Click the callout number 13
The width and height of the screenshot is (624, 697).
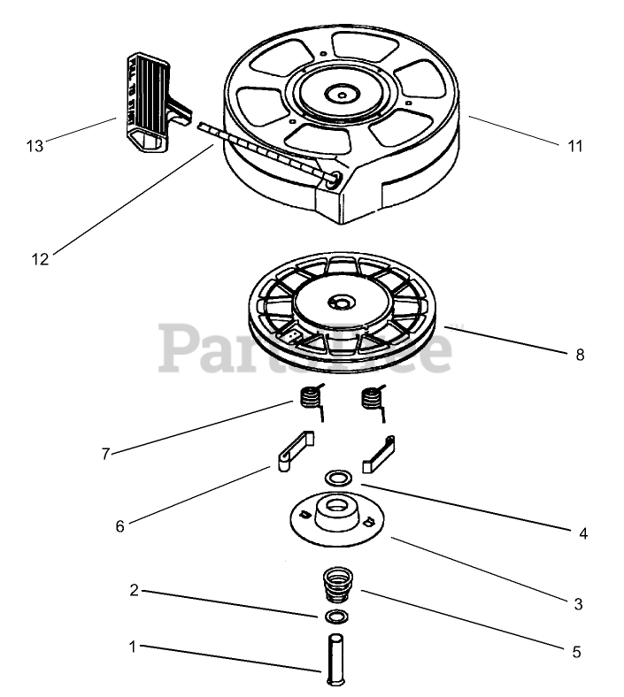coord(35,146)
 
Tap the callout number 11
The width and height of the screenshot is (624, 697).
coord(575,146)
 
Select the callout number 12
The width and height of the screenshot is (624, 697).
coord(40,258)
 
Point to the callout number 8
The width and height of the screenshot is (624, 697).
coord(580,355)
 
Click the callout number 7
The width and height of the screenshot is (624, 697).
coord(105,454)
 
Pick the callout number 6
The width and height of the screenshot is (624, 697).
coord(119,525)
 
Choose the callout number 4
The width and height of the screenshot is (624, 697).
coord(582,533)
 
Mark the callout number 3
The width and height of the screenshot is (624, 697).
coord(578,604)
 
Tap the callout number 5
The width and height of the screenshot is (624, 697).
coord(576,652)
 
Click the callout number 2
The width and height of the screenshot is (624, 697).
coord(134,591)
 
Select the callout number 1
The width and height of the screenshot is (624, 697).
coord(133,647)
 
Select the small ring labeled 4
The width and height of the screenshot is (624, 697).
coord(336,478)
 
